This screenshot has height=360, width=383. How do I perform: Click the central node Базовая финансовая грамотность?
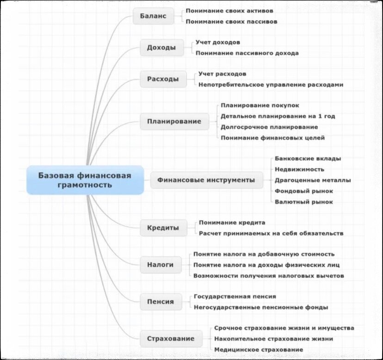(85, 180)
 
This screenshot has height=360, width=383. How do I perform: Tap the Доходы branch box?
(161, 48)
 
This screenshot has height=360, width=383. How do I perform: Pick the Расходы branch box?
(163, 79)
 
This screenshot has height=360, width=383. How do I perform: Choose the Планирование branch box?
(174, 122)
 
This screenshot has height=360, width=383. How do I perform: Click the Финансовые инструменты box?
(206, 180)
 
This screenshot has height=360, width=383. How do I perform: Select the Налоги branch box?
(161, 265)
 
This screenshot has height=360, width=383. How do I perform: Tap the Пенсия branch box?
(161, 302)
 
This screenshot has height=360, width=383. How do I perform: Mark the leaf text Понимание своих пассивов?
(232, 21)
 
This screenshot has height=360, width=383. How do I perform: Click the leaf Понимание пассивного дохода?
(247, 53)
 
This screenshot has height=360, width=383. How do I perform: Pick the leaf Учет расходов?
(222, 73)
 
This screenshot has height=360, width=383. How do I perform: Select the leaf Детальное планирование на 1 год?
(278, 116)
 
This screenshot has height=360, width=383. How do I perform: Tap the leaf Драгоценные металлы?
(313, 180)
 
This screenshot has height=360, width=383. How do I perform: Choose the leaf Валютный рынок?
(303, 202)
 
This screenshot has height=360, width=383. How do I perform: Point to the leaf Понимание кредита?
(232, 222)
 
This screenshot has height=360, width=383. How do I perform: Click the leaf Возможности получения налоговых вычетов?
(268, 276)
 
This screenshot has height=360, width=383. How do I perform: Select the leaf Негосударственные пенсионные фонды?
(261, 307)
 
